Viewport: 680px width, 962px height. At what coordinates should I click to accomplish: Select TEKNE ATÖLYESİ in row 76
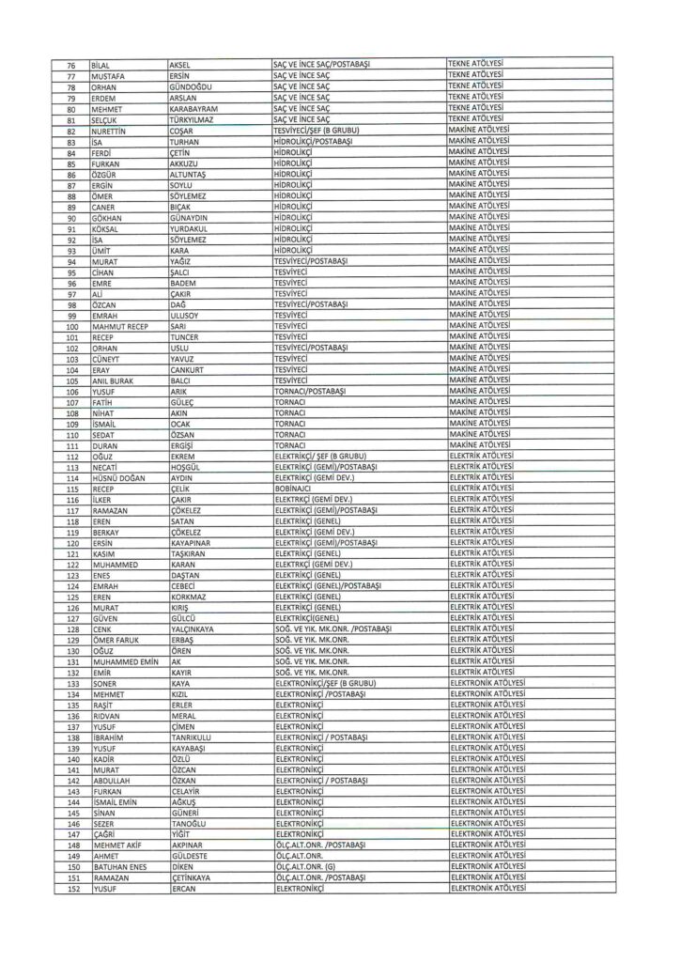pyautogui.click(x=478, y=63)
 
